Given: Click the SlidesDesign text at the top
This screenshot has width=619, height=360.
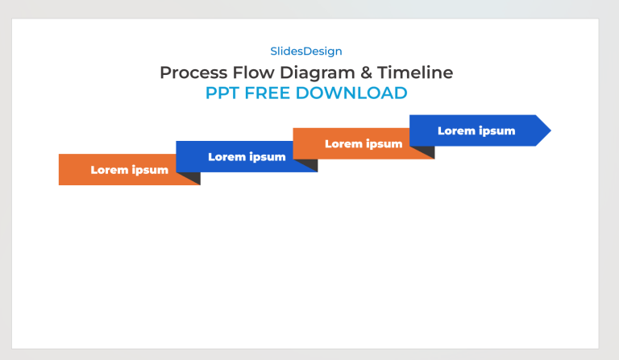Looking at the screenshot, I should (x=305, y=52).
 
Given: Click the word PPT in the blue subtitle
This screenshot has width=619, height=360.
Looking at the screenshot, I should (x=222, y=93).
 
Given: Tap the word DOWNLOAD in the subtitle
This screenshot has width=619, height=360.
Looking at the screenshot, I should (x=351, y=93).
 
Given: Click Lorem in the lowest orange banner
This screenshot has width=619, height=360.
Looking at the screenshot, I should (x=109, y=170).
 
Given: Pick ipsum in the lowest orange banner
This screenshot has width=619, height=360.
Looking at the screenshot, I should (x=150, y=171).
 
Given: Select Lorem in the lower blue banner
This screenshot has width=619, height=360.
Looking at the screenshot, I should (x=226, y=157).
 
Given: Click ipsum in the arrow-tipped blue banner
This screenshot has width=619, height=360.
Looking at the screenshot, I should (x=496, y=131).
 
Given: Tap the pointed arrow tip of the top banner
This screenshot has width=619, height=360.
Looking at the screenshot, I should (x=545, y=130).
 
